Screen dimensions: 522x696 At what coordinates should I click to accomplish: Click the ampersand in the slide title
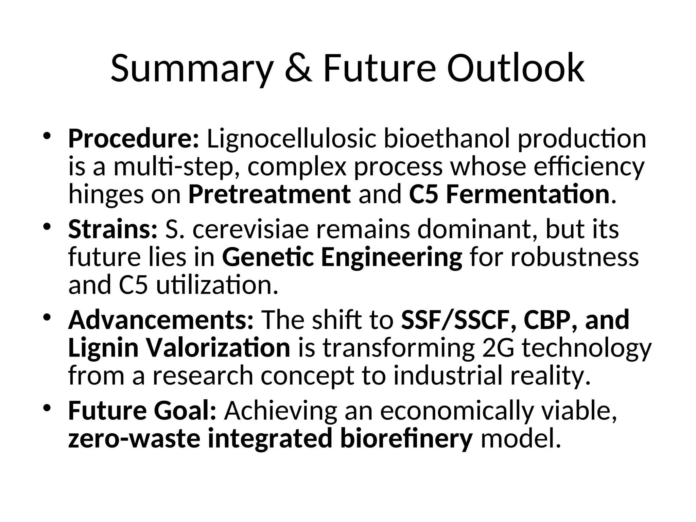[298, 69]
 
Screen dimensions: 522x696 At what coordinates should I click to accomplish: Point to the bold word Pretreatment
[269, 195]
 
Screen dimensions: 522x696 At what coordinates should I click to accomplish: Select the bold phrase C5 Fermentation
[509, 195]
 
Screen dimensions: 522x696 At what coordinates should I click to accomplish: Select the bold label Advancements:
[161, 321]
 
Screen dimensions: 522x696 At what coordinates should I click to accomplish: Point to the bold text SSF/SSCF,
[458, 321]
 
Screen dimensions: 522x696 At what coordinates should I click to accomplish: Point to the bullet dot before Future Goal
[47, 407]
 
